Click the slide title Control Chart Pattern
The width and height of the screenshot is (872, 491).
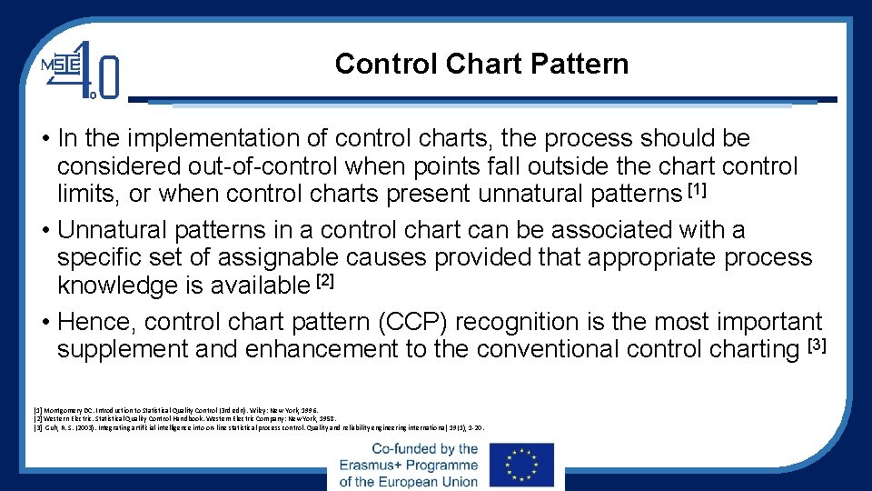pos(481,65)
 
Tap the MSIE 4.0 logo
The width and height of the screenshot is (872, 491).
pos(81,69)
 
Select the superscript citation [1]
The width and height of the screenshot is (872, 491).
pos(697,189)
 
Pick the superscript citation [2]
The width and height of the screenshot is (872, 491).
pos(325,281)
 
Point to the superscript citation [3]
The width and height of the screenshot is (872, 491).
pos(817,345)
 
